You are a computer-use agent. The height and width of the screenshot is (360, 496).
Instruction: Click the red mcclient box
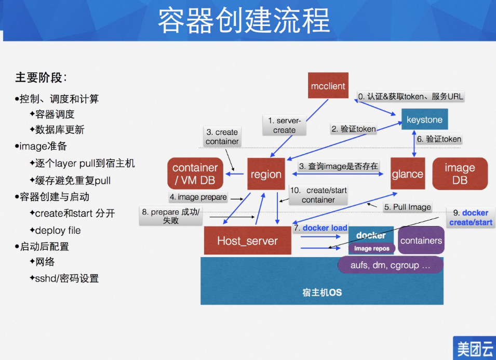coord(328,86)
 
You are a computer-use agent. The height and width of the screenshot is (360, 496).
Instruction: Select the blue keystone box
coord(424,119)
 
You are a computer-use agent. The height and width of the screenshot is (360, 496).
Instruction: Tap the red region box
coord(266,175)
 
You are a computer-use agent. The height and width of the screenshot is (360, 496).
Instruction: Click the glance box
coord(408,174)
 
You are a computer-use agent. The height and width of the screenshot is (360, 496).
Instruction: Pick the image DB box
coord(460,174)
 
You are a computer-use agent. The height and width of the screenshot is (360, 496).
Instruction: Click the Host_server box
coord(247,241)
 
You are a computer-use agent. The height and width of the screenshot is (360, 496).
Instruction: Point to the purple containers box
coord(421,241)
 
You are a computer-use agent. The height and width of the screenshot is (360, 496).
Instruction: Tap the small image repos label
coord(372,249)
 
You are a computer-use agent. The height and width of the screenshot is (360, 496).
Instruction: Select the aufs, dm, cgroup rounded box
coord(391,265)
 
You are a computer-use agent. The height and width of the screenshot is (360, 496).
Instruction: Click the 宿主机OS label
coord(322,292)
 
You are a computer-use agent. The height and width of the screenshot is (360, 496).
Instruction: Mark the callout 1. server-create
coord(285,126)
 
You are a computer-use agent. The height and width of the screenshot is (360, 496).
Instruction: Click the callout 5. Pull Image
coord(408,207)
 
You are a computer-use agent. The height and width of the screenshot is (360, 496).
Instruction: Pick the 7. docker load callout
coord(320,228)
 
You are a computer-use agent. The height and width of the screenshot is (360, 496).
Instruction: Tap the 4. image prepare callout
coord(198,197)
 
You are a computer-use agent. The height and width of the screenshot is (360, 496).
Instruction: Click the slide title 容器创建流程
coord(244,21)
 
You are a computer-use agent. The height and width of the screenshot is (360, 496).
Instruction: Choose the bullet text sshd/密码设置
coord(67,278)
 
